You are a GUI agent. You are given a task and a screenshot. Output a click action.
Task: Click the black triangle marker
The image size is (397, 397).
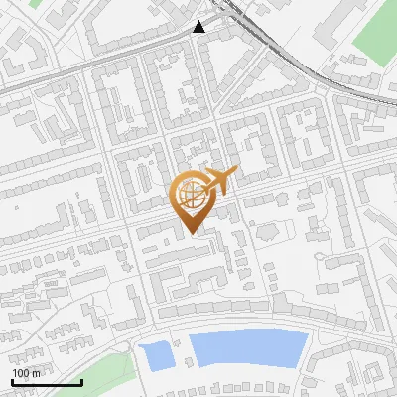click(x=200, y=27)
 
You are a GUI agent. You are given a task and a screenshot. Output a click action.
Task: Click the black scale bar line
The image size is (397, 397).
click(x=46, y=382)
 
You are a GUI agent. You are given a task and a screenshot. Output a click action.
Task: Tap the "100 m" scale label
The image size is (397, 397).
click(x=26, y=373)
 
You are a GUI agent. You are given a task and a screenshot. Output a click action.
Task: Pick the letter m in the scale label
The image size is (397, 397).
click(x=36, y=373)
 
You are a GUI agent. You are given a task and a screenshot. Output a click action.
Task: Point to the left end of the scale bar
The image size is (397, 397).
click(x=12, y=382)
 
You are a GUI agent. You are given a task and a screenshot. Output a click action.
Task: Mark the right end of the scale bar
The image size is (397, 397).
click(x=81, y=382)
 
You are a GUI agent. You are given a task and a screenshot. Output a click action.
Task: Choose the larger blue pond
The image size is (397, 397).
click(x=248, y=349)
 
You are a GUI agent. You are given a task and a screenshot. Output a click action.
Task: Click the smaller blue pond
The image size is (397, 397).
click(x=156, y=354)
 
